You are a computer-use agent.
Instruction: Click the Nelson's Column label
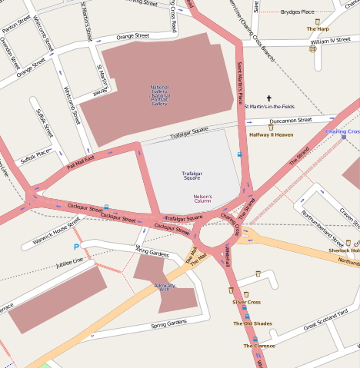coord(202,198)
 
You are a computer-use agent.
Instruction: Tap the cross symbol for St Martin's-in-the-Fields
coord(269,98)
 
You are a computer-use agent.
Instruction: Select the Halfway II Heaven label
coord(271,134)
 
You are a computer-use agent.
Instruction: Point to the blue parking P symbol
coord(75,247)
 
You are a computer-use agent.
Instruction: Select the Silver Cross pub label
coord(246,302)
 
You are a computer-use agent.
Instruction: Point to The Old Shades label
coord(252,323)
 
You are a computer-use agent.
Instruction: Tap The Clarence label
coord(259,346)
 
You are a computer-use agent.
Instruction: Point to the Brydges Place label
coord(297,12)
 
